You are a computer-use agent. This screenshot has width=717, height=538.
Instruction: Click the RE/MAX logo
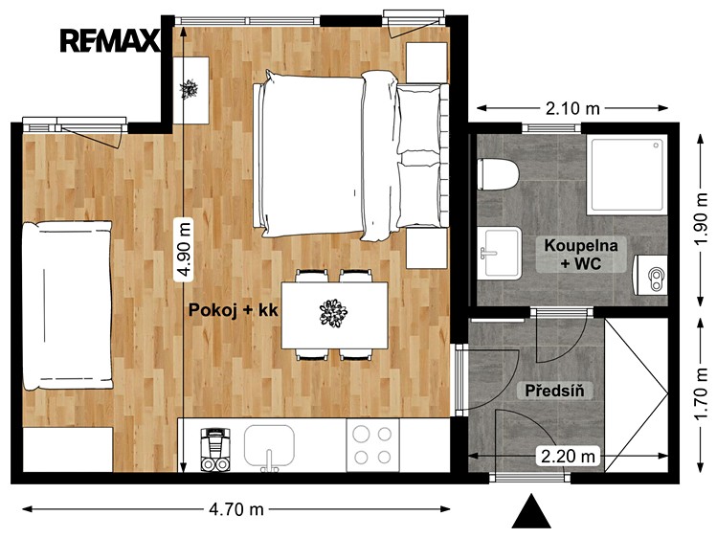(110, 40)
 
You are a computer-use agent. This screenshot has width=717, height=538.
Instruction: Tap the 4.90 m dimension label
(184, 249)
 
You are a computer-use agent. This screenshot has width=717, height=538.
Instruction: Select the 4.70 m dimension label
(236, 508)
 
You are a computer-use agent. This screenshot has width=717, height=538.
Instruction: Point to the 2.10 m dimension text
(572, 108)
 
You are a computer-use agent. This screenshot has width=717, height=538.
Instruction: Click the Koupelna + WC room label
(581, 254)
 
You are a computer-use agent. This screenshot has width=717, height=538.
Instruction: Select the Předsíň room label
(554, 391)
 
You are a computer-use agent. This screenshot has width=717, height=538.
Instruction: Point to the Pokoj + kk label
(234, 310)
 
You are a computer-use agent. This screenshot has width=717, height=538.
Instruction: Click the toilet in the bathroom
(498, 174)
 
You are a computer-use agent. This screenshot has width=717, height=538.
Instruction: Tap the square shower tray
(626, 174)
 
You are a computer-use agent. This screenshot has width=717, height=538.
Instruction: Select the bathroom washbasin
(499, 253)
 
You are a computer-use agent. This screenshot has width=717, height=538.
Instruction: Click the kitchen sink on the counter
(269, 447)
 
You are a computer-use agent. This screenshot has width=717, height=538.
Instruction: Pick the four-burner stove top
(372, 445)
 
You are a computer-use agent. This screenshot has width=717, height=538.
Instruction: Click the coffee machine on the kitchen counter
(215, 449)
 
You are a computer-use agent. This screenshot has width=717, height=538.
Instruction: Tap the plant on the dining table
(333, 313)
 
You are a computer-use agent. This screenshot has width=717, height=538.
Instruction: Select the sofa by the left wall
(67, 305)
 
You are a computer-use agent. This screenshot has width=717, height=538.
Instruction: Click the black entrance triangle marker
(531, 511)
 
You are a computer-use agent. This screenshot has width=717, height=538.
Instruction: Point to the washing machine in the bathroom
(650, 275)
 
